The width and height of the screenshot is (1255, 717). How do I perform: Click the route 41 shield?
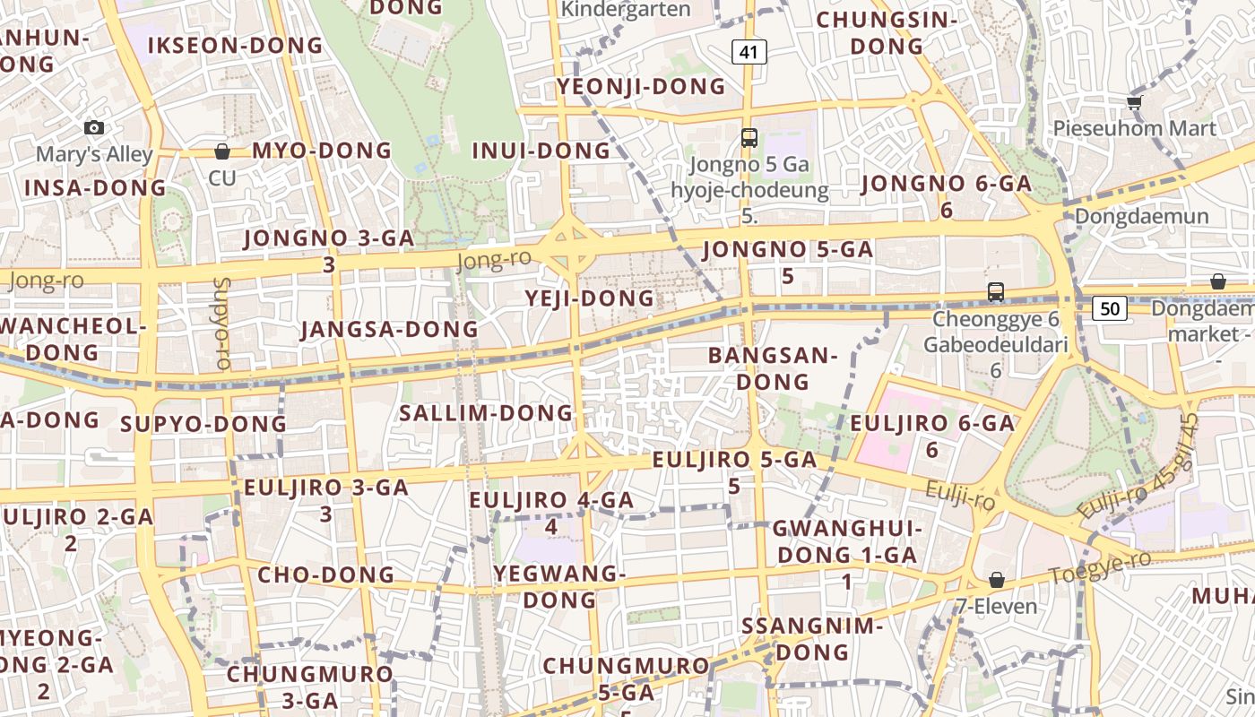pos(749,52)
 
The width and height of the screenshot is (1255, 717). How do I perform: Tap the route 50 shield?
pos(1110,308)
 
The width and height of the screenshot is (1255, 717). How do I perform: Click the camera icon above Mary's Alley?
pos(94,128)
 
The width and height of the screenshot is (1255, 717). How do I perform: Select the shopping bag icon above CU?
pos(221,151)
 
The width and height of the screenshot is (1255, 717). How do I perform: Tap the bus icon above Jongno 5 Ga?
pos(749,138)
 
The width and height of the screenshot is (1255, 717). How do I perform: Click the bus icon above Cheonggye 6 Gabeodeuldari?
pos(995,291)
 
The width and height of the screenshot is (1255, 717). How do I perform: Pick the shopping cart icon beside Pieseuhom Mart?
pos(1134,102)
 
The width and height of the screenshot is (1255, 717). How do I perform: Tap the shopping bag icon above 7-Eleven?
pos(996,580)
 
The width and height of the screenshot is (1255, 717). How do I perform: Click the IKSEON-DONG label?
pos(235,45)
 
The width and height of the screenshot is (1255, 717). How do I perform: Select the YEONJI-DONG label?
pos(641,86)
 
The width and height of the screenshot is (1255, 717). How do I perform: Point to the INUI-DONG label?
pos(541,151)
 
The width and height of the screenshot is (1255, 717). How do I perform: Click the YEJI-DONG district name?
pos(590,298)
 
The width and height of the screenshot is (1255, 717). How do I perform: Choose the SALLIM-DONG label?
pos(485,412)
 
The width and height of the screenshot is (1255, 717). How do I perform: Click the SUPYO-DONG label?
pos(203,424)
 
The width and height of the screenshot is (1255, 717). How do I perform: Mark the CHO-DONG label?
pos(325,574)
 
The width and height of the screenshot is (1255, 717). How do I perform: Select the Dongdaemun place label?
pos(1141,216)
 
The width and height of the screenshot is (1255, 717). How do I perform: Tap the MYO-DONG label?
pos(322,150)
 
